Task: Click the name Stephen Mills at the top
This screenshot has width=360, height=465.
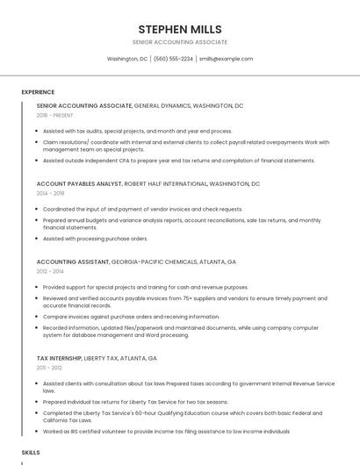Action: click(180, 29)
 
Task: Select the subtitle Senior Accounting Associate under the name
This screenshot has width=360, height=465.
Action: click(180, 42)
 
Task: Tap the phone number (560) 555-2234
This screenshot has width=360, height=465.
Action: click(173, 59)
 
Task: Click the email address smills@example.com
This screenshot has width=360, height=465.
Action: click(226, 59)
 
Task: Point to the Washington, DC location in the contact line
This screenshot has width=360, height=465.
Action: click(127, 59)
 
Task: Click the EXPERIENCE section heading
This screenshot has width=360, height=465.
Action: click(38, 92)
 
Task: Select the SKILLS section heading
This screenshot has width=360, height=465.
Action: click(31, 452)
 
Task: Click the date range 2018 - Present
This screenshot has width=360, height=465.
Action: click(55, 115)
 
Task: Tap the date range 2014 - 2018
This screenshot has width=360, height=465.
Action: click(51, 193)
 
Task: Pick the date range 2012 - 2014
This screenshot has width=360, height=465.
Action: click(51, 271)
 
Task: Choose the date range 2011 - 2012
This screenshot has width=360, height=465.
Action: click(50, 368)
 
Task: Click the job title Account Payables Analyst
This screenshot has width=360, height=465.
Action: click(79, 184)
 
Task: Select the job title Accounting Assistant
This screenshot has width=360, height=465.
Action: click(73, 262)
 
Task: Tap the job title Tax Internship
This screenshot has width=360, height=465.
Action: click(59, 359)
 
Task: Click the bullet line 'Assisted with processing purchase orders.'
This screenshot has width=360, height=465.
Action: click(96, 239)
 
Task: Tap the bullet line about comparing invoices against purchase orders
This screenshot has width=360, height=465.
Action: click(132, 317)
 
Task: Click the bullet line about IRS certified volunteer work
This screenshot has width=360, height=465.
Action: click(166, 432)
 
